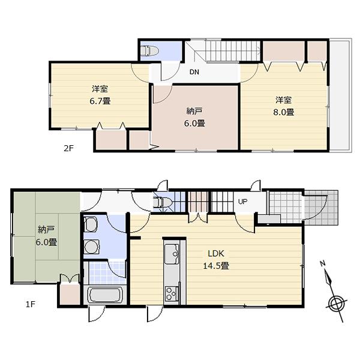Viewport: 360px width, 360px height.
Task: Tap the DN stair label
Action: [194, 73]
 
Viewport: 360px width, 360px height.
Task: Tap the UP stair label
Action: [243, 202]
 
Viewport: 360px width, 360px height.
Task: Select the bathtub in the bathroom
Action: [106, 296]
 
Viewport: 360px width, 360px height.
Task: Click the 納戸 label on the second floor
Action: [195, 111]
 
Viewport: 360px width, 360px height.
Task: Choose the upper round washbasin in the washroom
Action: [90, 226]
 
